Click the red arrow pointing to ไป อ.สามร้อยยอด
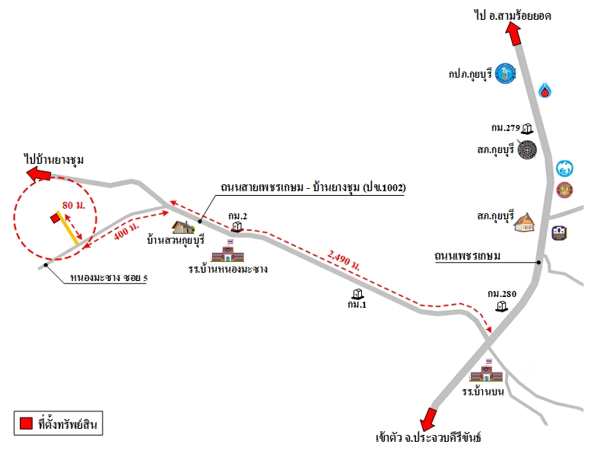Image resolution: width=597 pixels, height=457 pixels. [x=513, y=34]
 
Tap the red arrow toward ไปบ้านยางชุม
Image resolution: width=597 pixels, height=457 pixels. [x=39, y=174]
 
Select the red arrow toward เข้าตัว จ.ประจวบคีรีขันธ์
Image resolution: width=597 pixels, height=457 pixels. [x=428, y=420]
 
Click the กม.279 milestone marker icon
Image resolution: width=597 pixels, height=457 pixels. [x=527, y=129]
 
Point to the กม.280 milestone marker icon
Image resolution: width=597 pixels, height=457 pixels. [x=502, y=306]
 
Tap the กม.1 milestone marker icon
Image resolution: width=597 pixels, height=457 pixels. [x=357, y=294]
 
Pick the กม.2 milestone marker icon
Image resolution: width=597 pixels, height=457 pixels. [x=237, y=226]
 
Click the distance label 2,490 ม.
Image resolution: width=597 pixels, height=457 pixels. [x=344, y=260]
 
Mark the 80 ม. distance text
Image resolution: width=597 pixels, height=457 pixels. [x=74, y=205]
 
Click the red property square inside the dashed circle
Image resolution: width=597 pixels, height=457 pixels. [x=56, y=218]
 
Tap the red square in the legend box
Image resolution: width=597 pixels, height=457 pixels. [x=27, y=423]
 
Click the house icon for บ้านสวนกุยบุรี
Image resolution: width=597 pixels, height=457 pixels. [x=183, y=227]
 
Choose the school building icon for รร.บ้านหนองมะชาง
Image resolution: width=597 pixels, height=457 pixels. [x=227, y=251]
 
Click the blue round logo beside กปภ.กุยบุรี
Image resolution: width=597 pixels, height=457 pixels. [x=505, y=73]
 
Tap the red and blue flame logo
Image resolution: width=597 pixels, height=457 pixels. [x=545, y=90]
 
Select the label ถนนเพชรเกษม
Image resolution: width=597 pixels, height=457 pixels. [x=468, y=256]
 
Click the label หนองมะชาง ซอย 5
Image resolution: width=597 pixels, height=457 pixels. [x=109, y=278]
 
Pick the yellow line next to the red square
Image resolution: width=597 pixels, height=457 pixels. [x=68, y=228]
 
